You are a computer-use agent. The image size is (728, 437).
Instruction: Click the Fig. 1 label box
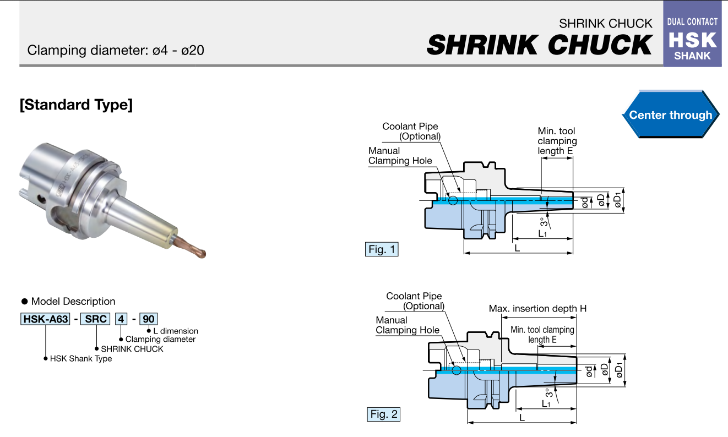click(382, 249)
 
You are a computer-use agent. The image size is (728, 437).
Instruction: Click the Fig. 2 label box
click(383, 414)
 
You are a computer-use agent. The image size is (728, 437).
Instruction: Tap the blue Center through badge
click(670, 115)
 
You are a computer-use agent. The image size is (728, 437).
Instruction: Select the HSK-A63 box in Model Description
click(45, 319)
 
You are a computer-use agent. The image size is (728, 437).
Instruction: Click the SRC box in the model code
click(95, 319)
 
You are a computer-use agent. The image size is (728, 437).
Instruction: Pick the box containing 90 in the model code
click(149, 319)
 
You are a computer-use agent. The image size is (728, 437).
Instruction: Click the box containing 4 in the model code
click(121, 319)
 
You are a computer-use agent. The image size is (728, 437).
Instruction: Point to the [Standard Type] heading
click(76, 105)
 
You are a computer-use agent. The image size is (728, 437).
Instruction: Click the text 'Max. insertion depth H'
click(537, 309)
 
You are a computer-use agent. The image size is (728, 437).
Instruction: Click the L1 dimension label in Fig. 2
click(546, 403)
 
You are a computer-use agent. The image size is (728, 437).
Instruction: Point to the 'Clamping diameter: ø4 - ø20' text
click(116, 51)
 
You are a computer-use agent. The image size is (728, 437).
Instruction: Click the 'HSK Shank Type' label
click(81, 359)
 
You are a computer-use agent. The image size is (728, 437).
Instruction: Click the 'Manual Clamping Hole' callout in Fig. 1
click(400, 156)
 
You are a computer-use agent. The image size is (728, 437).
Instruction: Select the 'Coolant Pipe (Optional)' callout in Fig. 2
click(414, 301)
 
